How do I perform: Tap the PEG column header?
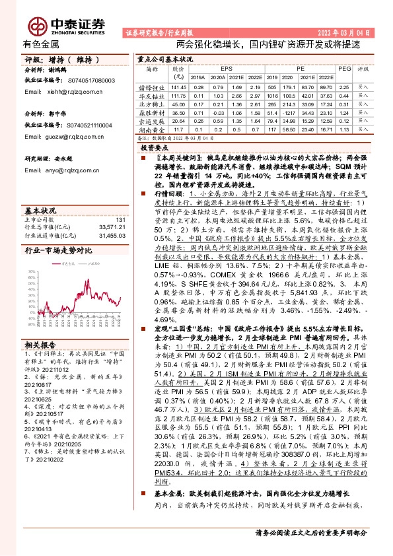pos(343,68)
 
